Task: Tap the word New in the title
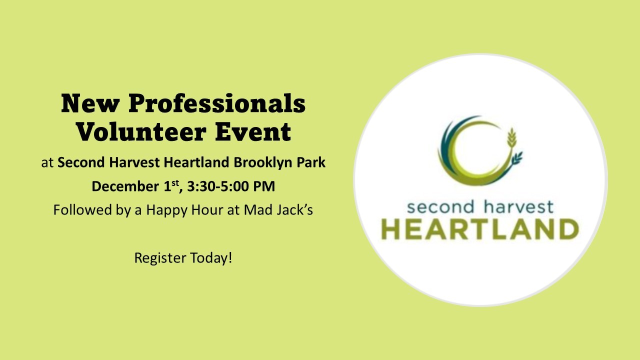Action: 90,103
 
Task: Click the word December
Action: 125,186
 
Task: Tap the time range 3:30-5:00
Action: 218,186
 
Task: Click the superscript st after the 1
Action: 175,182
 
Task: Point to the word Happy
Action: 167,210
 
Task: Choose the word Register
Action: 160,258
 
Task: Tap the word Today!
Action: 211,257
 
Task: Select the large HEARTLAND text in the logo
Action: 480,229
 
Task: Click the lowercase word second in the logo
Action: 440,207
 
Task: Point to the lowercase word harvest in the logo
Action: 518,207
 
